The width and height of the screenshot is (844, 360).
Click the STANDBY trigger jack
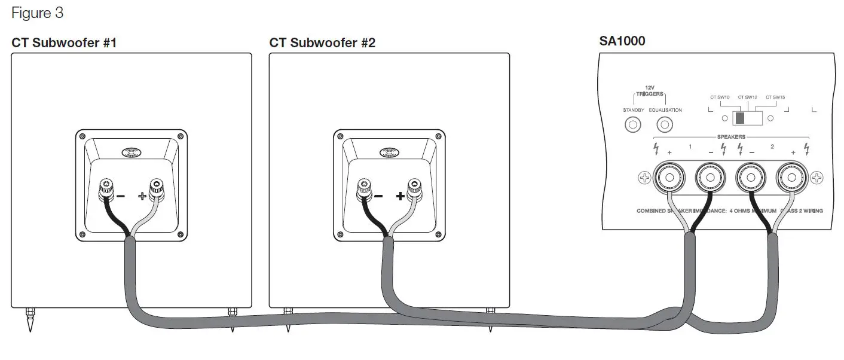coord(632,125)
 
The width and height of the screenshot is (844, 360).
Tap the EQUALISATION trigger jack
coord(665,125)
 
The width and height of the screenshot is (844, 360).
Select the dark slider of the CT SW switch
coord(741,118)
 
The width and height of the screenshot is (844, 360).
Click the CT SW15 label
coord(775,97)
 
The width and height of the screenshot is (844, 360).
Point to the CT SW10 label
coord(720,97)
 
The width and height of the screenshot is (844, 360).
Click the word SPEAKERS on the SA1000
coord(730,137)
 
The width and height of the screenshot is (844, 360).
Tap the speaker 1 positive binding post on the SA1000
coord(667,178)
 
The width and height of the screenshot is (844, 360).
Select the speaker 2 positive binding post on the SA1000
coord(793,178)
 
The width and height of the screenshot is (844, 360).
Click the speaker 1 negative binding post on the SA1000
coord(710,178)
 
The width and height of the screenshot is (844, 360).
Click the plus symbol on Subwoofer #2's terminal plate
coord(400,196)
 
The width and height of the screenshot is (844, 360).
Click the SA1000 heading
coord(622,41)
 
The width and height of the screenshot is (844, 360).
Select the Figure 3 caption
coord(37,12)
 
